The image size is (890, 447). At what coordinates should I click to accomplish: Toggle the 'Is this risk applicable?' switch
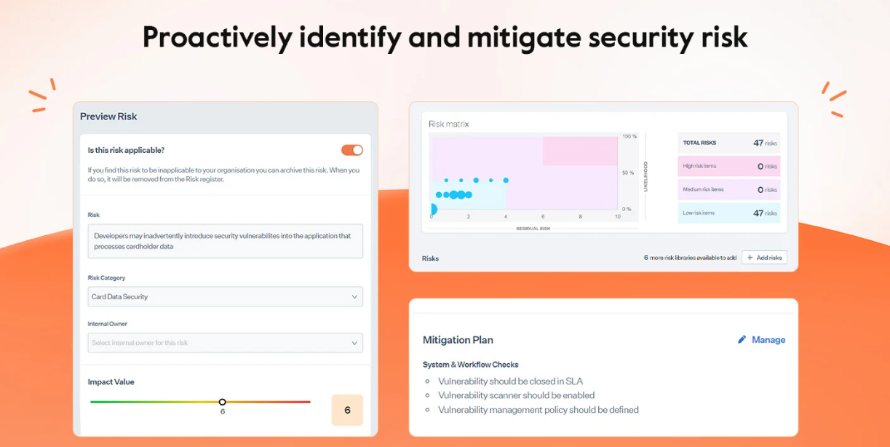point(352,150)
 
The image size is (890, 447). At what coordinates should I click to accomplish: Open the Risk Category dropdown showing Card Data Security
point(225,297)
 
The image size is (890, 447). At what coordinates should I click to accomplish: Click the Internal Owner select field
point(225,343)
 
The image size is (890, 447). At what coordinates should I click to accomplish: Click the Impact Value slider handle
point(223,402)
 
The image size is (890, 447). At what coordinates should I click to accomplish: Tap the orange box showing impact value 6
point(347,410)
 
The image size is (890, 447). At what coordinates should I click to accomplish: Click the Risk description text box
point(225,241)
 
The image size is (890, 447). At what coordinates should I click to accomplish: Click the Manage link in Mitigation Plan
point(768,340)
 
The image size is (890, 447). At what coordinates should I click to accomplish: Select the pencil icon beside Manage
point(742,339)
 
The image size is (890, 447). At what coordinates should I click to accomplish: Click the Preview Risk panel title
point(108,116)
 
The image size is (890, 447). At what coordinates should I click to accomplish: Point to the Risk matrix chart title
point(449,124)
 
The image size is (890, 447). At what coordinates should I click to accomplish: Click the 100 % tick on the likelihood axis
point(629,136)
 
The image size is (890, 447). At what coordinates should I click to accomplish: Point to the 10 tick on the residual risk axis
point(618,217)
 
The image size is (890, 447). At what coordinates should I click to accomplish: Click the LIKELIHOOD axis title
point(645,177)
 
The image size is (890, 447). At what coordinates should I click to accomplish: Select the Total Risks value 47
point(758,143)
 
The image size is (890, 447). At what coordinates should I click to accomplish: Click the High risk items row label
point(699,166)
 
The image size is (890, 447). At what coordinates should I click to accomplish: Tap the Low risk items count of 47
point(758,213)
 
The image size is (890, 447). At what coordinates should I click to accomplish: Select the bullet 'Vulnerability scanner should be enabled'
point(516,395)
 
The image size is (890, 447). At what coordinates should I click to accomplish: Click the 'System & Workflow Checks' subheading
point(470,365)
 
